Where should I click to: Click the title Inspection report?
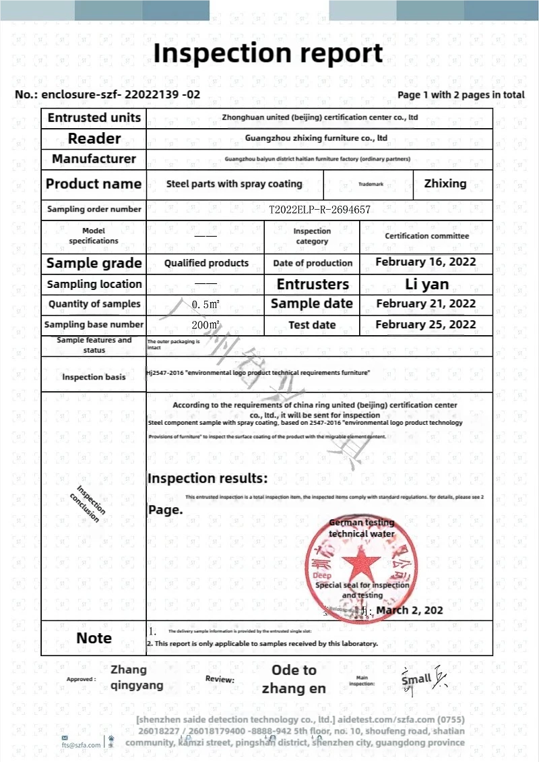(x=268, y=53)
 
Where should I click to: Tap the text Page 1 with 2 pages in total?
(x=461, y=95)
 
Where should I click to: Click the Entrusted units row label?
(x=94, y=117)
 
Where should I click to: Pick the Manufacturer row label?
(x=94, y=159)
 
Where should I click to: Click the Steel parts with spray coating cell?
(x=234, y=183)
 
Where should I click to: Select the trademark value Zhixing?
(x=445, y=183)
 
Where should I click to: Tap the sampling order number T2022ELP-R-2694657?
(x=320, y=210)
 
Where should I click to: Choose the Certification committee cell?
(x=426, y=236)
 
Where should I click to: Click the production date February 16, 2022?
(x=426, y=262)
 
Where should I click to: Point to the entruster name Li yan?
(x=426, y=284)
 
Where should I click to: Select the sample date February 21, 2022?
(x=426, y=304)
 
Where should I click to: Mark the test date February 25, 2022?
(x=426, y=324)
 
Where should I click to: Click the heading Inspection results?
(x=208, y=479)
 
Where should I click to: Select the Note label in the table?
(x=94, y=638)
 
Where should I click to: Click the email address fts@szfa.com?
(x=82, y=744)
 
